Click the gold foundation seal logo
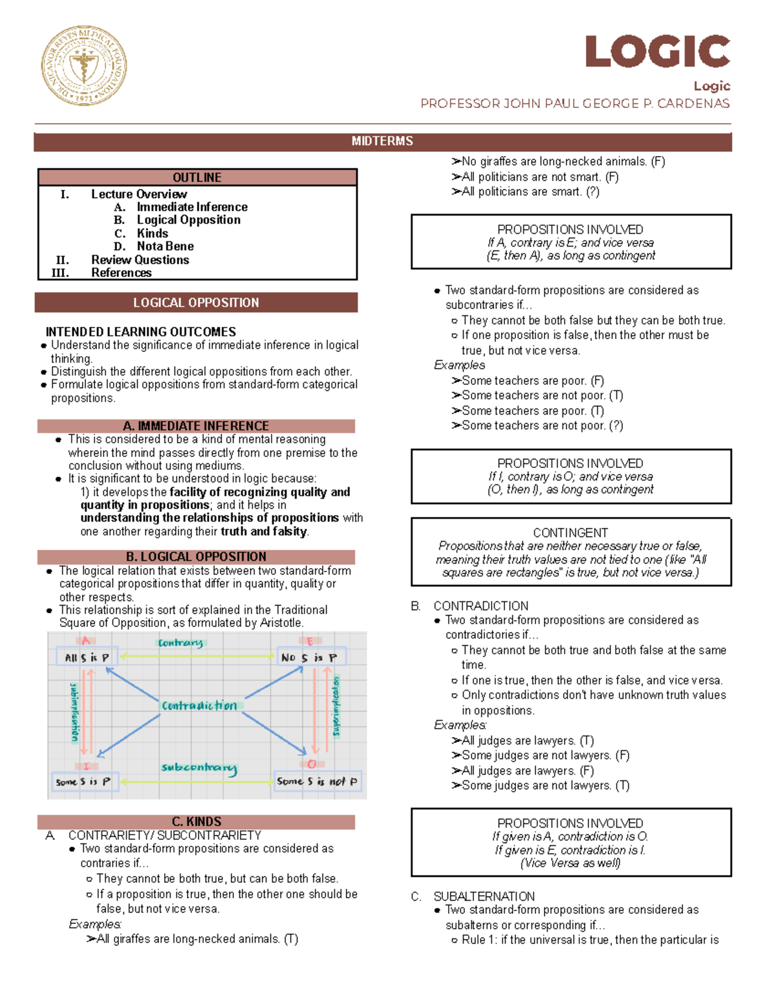click(84, 66)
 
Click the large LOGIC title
click(657, 52)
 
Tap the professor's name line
click(574, 104)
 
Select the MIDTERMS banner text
click(382, 141)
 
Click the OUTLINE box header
click(197, 177)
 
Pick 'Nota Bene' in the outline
click(165, 246)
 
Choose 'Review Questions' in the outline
click(140, 260)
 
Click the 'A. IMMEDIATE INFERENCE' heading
click(196, 426)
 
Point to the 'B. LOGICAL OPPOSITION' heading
click(196, 557)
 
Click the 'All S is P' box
click(87, 657)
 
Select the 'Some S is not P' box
click(317, 782)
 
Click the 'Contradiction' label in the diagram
click(199, 705)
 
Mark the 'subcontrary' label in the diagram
click(199, 768)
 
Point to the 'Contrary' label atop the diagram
click(180, 643)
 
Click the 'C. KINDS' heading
click(196, 821)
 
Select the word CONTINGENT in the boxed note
click(570, 533)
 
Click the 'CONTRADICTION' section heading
click(480, 606)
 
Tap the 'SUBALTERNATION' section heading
click(484, 896)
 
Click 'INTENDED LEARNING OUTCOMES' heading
click(140, 331)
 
